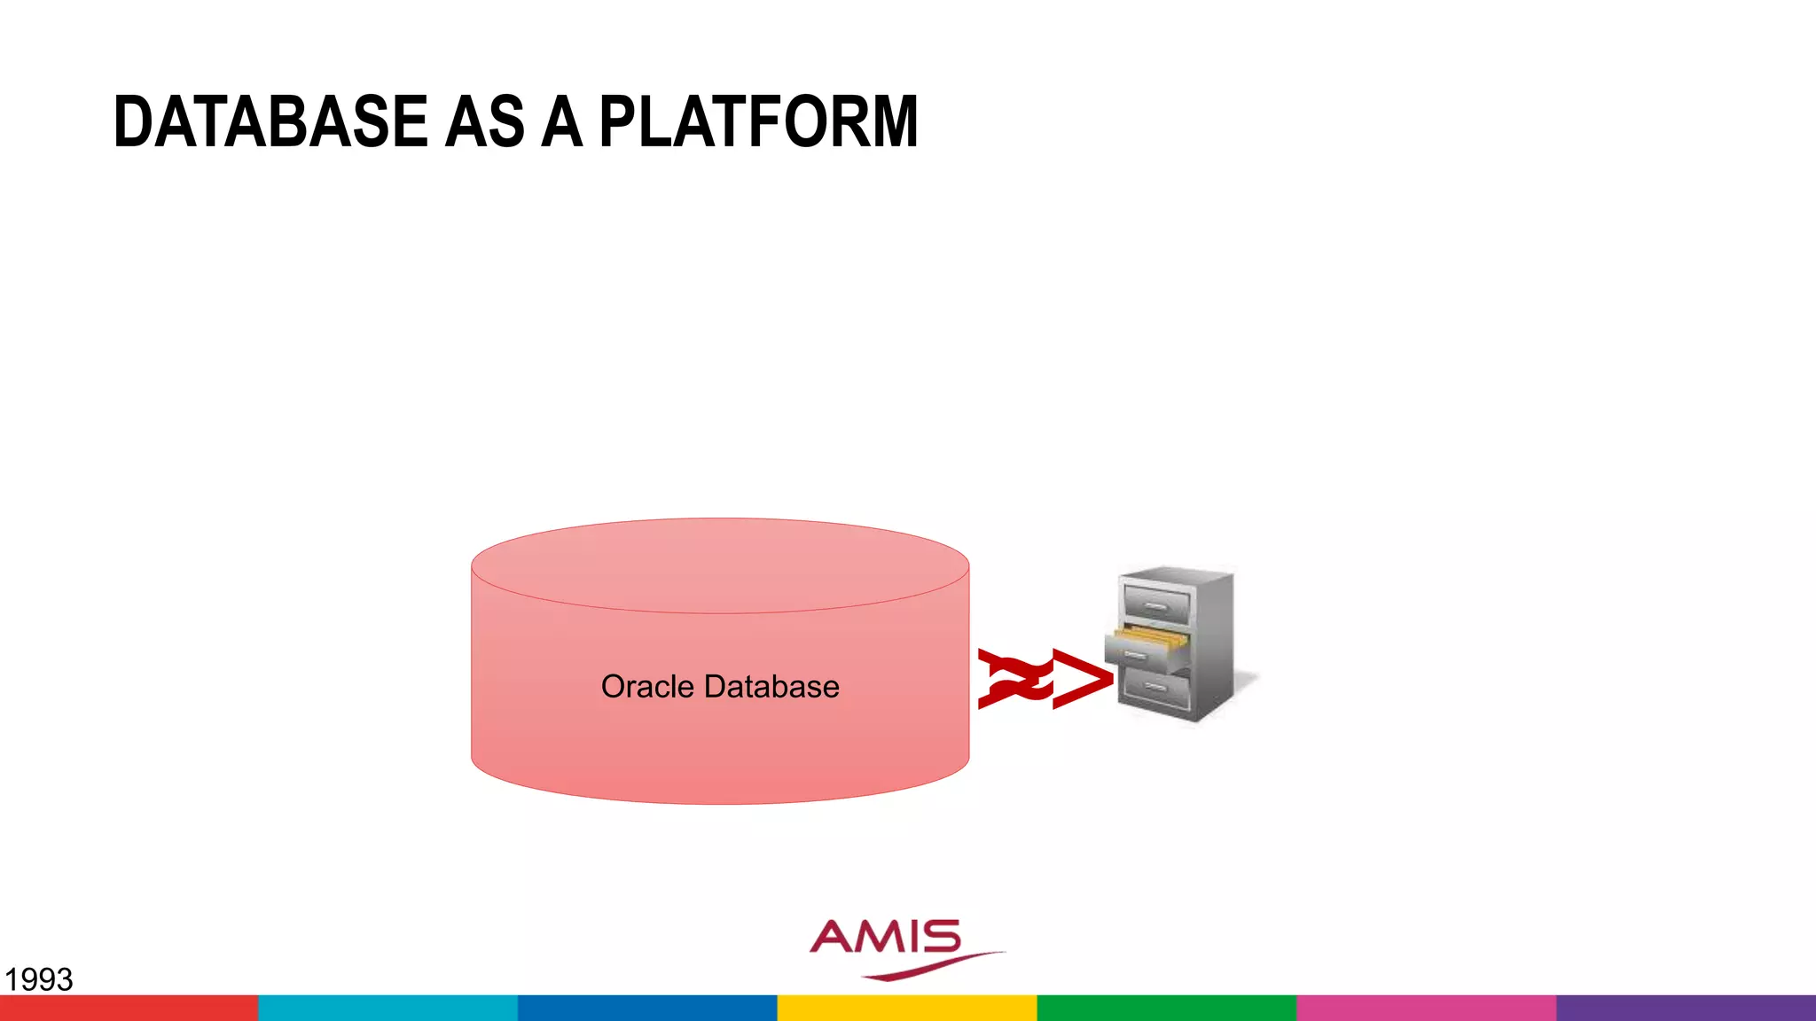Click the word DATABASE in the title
click(x=270, y=121)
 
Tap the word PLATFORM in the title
click(x=758, y=121)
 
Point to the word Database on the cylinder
click(x=771, y=687)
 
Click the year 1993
click(x=38, y=979)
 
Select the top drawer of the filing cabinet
click(x=1156, y=604)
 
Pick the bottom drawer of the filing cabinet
click(x=1156, y=688)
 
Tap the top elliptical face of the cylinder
click(x=720, y=565)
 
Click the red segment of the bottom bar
click(x=129, y=1008)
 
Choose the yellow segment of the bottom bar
click(x=907, y=1008)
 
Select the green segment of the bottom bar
click(x=1166, y=1008)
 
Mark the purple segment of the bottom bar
click(x=1686, y=1008)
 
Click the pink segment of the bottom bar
click(x=1426, y=1008)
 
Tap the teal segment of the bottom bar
click(x=387, y=1008)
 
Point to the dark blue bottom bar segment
click(x=647, y=1008)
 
